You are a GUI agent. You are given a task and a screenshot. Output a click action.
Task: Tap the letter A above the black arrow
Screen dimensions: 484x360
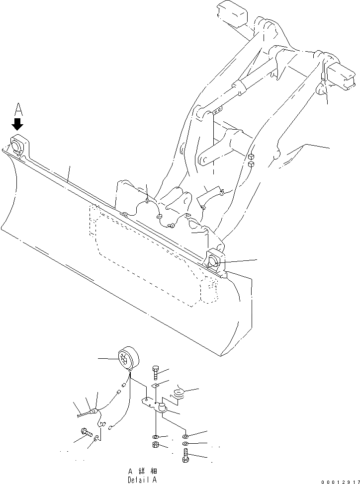click(x=19, y=108)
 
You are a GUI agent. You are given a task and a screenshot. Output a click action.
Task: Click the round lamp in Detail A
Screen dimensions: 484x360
click(x=127, y=357)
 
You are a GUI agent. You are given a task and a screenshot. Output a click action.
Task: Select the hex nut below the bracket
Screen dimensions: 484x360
click(x=156, y=444)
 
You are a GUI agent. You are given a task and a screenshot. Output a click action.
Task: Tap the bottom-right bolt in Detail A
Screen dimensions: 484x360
click(x=185, y=455)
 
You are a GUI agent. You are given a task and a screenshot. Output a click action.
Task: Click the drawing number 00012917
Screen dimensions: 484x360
click(x=339, y=481)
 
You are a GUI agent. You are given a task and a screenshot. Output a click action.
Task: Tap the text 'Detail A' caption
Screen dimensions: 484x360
click(x=142, y=479)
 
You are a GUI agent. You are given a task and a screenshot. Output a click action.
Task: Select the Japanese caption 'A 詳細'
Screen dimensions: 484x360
click(x=142, y=471)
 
